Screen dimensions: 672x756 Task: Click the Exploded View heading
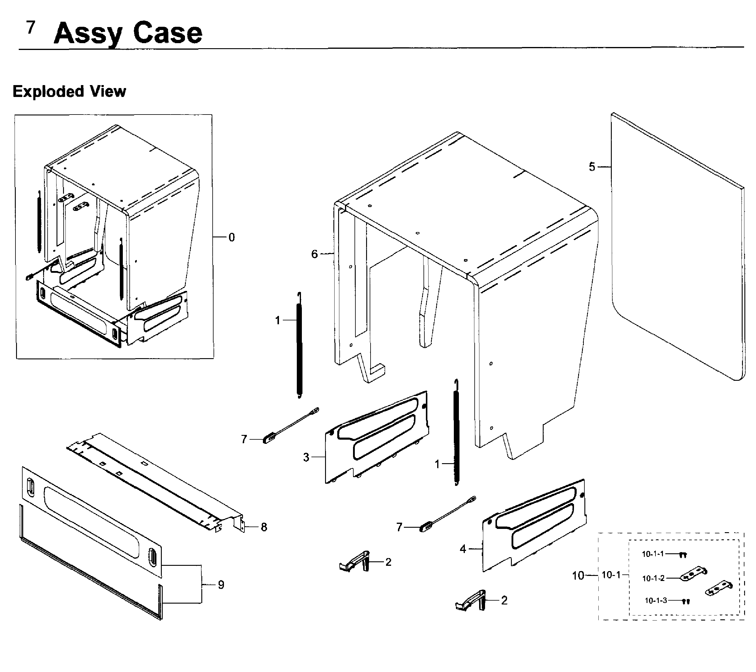[x=69, y=91]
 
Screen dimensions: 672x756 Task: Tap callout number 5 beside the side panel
[x=592, y=167]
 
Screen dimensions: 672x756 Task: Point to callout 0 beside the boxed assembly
[x=232, y=237]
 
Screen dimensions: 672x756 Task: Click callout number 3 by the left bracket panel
[x=306, y=458]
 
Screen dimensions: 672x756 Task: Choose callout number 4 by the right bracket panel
[x=463, y=549]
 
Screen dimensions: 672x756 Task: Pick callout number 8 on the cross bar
[x=264, y=527]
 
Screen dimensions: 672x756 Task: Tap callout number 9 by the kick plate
[x=221, y=585]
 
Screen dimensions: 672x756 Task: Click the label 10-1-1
[x=653, y=554]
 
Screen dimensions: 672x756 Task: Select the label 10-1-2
[x=653, y=578]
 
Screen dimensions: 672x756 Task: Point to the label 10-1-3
[x=656, y=600]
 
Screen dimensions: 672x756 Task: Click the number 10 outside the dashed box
[x=578, y=575]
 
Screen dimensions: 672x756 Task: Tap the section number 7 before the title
[x=31, y=27]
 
